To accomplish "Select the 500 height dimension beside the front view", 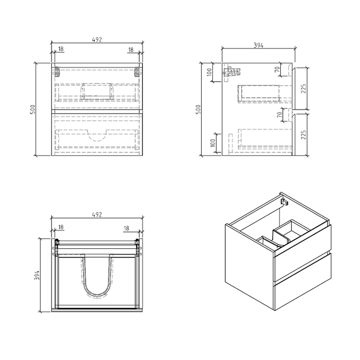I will [32, 109].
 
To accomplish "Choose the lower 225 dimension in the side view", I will [303, 135].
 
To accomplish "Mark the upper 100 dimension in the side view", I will [210, 71].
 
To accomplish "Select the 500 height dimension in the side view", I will [199, 109].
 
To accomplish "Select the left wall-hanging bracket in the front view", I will [57, 71].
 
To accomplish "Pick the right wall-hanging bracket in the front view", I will [137, 71].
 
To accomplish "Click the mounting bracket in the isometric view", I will [283, 202].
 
